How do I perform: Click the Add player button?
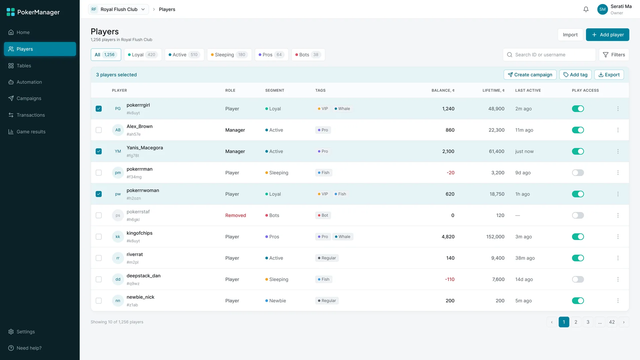pyautogui.click(x=607, y=35)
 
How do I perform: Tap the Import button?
pyautogui.click(x=570, y=35)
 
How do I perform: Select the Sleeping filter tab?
pyautogui.click(x=229, y=55)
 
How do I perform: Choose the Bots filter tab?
pyautogui.click(x=308, y=55)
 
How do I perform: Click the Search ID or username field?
pyautogui.click(x=549, y=55)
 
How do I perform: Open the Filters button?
pyautogui.click(x=614, y=55)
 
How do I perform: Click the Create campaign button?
pyautogui.click(x=530, y=75)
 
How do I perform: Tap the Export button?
pyautogui.click(x=609, y=75)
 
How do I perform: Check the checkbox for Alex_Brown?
pyautogui.click(x=99, y=130)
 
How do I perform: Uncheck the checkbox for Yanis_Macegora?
pyautogui.click(x=99, y=151)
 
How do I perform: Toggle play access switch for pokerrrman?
pyautogui.click(x=578, y=173)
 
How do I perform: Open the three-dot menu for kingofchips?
pyautogui.click(x=618, y=237)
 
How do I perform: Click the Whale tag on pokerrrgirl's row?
pyautogui.click(x=342, y=109)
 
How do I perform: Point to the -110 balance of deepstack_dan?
pyautogui.click(x=450, y=279)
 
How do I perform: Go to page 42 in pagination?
pyautogui.click(x=612, y=322)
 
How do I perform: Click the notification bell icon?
pyautogui.click(x=586, y=9)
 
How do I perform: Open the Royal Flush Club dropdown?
pyautogui.click(x=118, y=9)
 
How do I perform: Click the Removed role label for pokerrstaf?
pyautogui.click(x=236, y=215)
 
